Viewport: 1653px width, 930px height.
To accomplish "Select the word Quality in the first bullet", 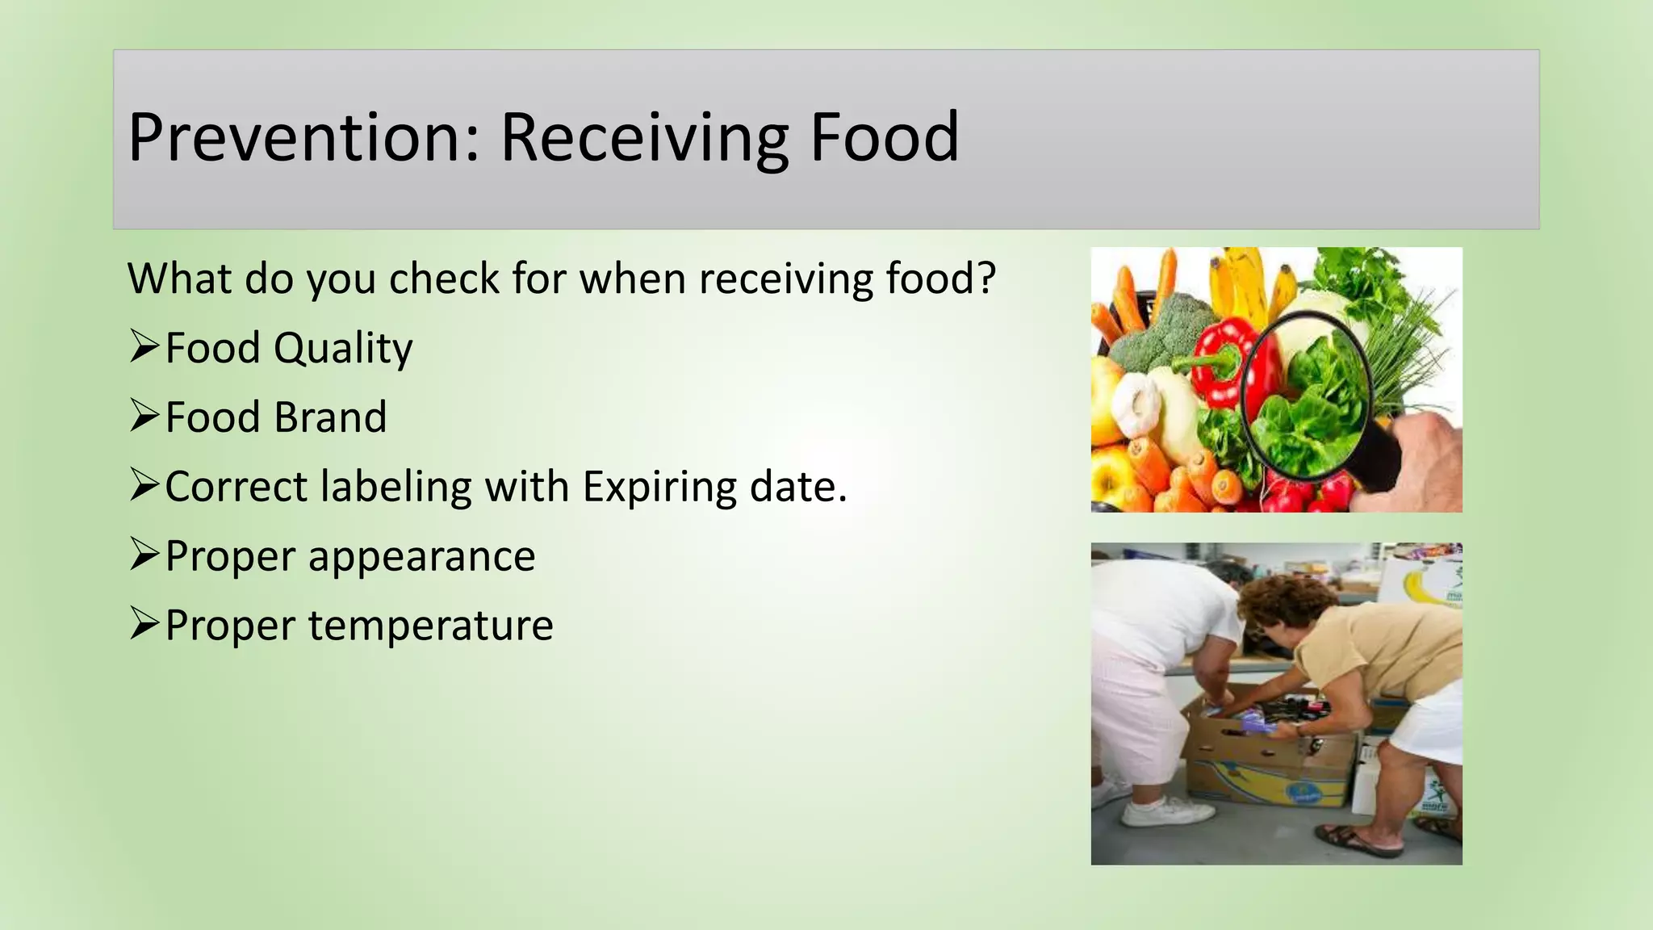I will coord(343,348).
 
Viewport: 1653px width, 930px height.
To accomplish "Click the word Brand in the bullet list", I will coord(330,417).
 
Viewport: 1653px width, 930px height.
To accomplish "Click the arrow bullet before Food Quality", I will coord(144,346).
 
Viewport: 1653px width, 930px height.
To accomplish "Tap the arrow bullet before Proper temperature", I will coord(144,624).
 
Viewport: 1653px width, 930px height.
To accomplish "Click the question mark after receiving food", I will coord(986,279).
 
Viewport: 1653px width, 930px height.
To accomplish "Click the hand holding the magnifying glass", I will coord(1429,460).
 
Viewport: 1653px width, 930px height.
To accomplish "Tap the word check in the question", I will coord(444,279).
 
